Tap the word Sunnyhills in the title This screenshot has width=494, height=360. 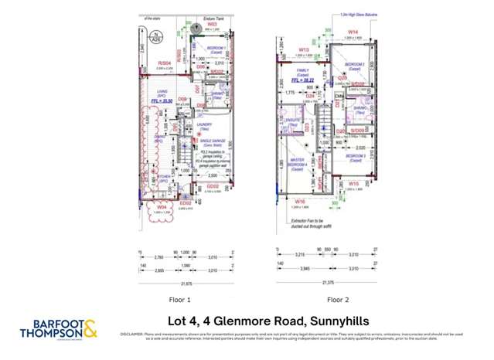[339, 321]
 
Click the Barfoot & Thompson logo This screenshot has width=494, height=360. [59, 328]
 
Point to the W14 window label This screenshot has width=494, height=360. [353, 32]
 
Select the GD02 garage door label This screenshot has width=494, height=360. [213, 186]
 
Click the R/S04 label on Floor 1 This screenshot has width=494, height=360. [163, 63]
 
